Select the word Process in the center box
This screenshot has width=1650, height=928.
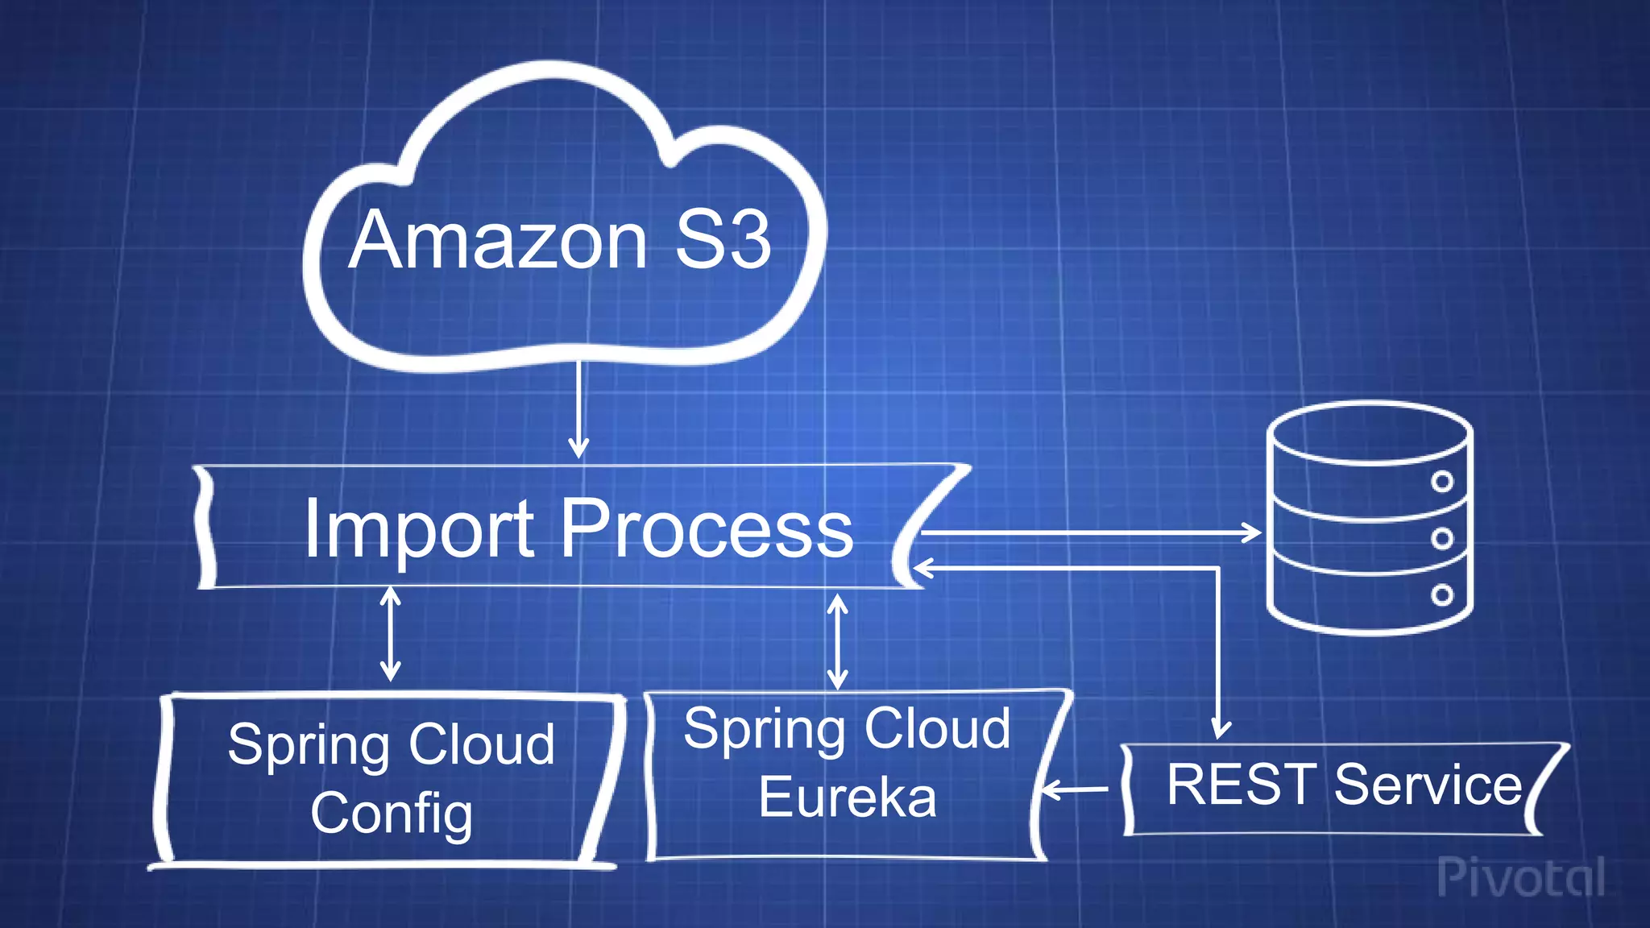(707, 529)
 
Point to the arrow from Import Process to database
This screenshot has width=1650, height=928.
(1088, 532)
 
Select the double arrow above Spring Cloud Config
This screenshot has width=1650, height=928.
(391, 634)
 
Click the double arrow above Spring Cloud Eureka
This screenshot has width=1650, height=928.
(838, 642)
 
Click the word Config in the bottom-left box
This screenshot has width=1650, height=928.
(392, 814)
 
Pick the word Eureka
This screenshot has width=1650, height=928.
(848, 797)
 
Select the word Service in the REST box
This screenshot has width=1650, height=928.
(1428, 785)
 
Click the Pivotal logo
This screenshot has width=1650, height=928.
(1520, 877)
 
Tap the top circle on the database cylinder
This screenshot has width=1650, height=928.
(1442, 482)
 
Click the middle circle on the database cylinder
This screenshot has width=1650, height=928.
(1442, 538)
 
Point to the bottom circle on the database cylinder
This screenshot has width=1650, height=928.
(1442, 595)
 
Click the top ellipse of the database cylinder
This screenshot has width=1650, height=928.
(1369, 433)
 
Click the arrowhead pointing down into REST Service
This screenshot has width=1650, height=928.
(1221, 729)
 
